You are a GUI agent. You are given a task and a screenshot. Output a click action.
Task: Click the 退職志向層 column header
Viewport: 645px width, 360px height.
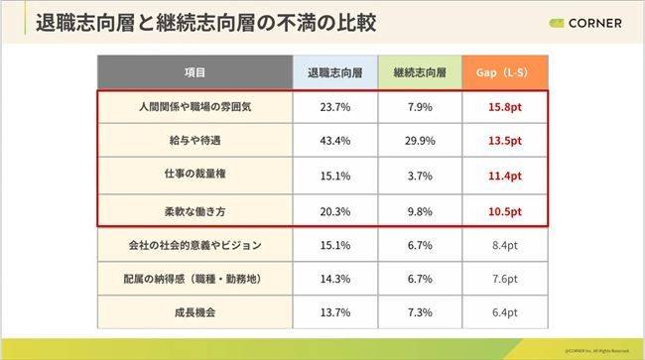tap(334, 72)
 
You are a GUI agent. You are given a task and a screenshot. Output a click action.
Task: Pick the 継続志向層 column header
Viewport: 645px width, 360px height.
tap(419, 72)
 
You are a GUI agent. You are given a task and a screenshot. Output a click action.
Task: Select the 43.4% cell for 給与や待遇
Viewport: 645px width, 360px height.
tap(334, 141)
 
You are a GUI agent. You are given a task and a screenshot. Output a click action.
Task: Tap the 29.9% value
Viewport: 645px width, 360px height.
tap(419, 141)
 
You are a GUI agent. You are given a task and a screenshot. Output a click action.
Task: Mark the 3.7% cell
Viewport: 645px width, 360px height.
tap(419, 176)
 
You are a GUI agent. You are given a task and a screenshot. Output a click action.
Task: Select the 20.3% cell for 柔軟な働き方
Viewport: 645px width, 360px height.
tap(334, 210)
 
